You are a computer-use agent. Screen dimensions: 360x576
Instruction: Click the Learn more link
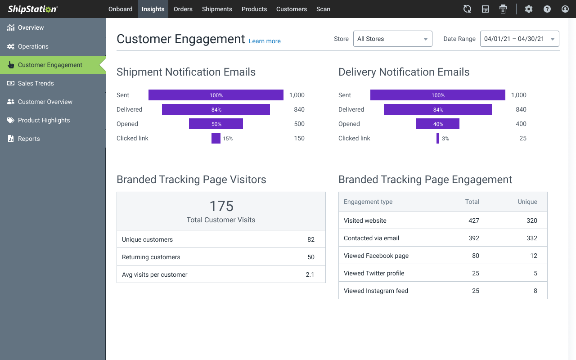265,41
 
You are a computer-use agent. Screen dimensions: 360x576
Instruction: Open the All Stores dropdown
392,39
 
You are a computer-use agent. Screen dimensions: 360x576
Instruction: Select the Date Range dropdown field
519,39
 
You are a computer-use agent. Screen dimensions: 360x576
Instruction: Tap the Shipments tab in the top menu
217,9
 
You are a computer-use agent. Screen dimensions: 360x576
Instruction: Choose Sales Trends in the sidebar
36,83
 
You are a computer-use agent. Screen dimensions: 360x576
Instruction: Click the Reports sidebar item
29,139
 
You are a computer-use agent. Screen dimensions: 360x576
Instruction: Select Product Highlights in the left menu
44,120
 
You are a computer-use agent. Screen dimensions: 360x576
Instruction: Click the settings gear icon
529,9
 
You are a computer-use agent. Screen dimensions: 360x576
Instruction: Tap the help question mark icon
547,9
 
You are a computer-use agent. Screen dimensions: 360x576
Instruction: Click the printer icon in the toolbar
503,9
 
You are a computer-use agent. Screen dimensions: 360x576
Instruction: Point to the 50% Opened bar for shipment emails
216,124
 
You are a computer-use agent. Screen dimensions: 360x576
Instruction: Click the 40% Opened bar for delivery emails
438,124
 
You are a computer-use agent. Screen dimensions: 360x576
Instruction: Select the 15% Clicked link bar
216,138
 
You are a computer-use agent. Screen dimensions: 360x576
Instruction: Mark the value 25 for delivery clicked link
522,138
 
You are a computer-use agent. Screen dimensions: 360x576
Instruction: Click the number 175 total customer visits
221,206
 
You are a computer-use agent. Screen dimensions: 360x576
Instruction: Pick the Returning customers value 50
311,257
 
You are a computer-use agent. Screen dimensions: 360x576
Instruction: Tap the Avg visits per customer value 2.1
310,274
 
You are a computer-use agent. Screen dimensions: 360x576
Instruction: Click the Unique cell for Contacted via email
532,238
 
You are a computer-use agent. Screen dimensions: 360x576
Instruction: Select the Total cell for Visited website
473,220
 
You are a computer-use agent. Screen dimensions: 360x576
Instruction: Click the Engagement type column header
368,202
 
